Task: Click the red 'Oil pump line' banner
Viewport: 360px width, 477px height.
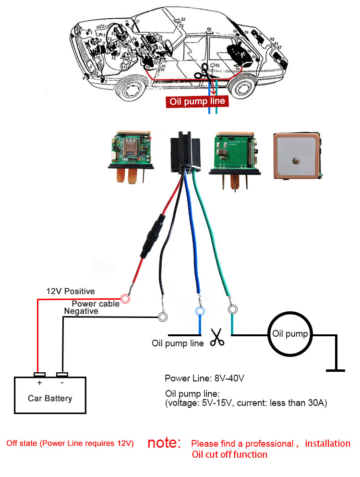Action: (x=195, y=102)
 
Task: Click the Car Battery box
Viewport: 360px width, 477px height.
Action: (x=50, y=394)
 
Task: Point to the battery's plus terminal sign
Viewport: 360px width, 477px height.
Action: (x=39, y=383)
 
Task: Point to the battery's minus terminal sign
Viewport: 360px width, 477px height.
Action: (x=62, y=383)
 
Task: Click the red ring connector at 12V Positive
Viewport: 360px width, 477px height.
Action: (x=125, y=299)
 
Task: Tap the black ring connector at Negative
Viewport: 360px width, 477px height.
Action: (x=163, y=317)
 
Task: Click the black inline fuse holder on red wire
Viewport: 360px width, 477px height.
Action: (x=152, y=238)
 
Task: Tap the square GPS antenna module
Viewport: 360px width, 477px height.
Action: (x=296, y=156)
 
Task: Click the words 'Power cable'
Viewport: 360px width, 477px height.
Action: (x=96, y=304)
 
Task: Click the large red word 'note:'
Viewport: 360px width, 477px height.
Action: (x=164, y=442)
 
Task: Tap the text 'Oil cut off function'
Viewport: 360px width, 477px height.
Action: (x=229, y=454)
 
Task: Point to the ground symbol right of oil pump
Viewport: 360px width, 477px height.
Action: (x=335, y=370)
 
